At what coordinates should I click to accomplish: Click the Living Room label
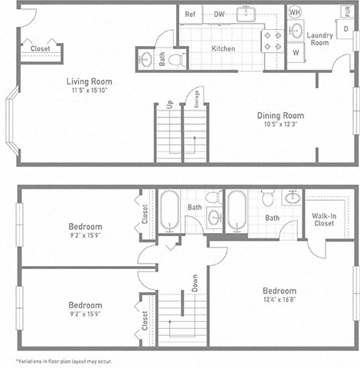coord(89,81)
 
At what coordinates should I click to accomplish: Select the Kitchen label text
coord(223,48)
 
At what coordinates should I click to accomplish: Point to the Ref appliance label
coord(190,14)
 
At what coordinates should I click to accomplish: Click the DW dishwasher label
coord(219,14)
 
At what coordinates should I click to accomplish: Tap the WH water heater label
coord(294,12)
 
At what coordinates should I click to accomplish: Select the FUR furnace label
coord(348,11)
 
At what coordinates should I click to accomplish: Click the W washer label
coord(295,53)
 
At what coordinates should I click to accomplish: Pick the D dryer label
coord(346,28)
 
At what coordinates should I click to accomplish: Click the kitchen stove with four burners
coord(272,40)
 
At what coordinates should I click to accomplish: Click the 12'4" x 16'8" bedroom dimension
coord(280,301)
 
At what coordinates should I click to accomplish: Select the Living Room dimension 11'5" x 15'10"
coord(89,90)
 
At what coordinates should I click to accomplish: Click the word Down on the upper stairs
coord(195,284)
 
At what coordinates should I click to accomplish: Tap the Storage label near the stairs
coord(197,100)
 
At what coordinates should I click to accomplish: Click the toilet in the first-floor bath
coord(175,58)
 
